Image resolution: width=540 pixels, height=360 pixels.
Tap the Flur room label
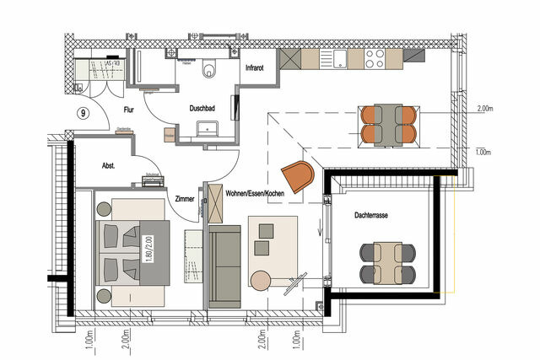click(x=130, y=109)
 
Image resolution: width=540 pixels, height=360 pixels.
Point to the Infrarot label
click(x=256, y=68)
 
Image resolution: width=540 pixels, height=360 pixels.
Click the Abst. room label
click(x=109, y=166)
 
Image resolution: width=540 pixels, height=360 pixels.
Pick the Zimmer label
click(x=185, y=199)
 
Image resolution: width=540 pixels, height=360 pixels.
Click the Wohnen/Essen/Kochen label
click(x=256, y=195)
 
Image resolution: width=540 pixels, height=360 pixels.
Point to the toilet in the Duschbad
click(x=209, y=68)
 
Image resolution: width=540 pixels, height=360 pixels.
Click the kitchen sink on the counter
click(x=337, y=58)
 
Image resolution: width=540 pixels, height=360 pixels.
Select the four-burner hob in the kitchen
click(x=374, y=58)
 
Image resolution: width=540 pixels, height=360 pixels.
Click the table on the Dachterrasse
click(x=387, y=262)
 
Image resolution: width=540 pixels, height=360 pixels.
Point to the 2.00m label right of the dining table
click(x=484, y=109)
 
